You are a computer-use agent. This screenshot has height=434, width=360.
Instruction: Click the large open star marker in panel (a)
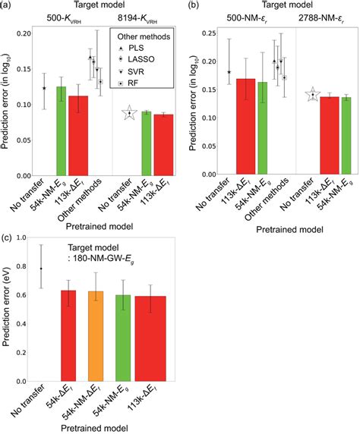[129, 113]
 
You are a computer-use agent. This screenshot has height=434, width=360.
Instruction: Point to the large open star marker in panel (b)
[311, 95]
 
